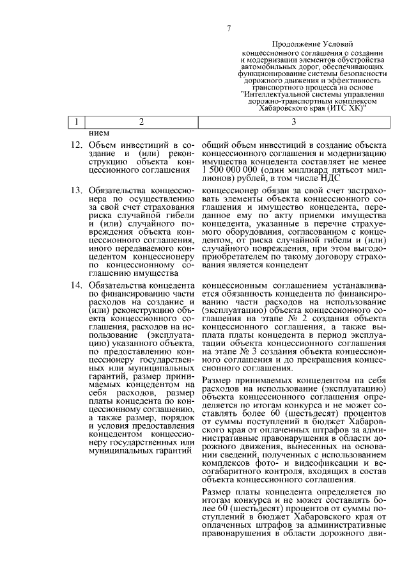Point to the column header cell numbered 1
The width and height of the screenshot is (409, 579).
coord(76,122)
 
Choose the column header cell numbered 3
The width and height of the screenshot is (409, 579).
coord(293,122)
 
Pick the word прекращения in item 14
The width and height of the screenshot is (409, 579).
coord(318,360)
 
